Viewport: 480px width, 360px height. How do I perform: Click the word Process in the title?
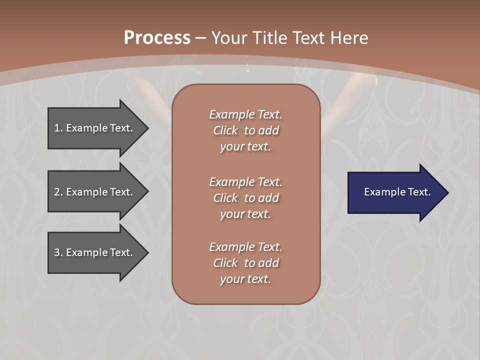pyautogui.click(x=157, y=38)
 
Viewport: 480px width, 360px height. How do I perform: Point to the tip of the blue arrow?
pyautogui.click(x=447, y=192)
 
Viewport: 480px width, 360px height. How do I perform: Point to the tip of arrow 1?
pyautogui.click(x=147, y=128)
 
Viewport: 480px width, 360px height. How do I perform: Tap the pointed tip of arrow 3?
pyautogui.click(x=147, y=252)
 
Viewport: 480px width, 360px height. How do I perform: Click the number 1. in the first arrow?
pyautogui.click(x=58, y=128)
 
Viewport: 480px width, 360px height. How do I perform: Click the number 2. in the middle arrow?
pyautogui.click(x=58, y=192)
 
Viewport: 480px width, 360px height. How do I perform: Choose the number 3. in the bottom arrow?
pyautogui.click(x=58, y=252)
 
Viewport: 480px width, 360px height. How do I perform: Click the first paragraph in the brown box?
pyautogui.click(x=245, y=130)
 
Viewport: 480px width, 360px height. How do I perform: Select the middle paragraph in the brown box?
pyautogui.click(x=245, y=198)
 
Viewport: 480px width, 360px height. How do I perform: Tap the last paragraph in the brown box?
pyautogui.click(x=245, y=263)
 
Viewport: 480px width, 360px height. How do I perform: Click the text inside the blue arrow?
pyautogui.click(x=397, y=192)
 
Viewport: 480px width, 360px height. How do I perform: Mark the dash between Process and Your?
pyautogui.click(x=201, y=38)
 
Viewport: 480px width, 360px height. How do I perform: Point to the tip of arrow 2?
pyautogui.click(x=147, y=192)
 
